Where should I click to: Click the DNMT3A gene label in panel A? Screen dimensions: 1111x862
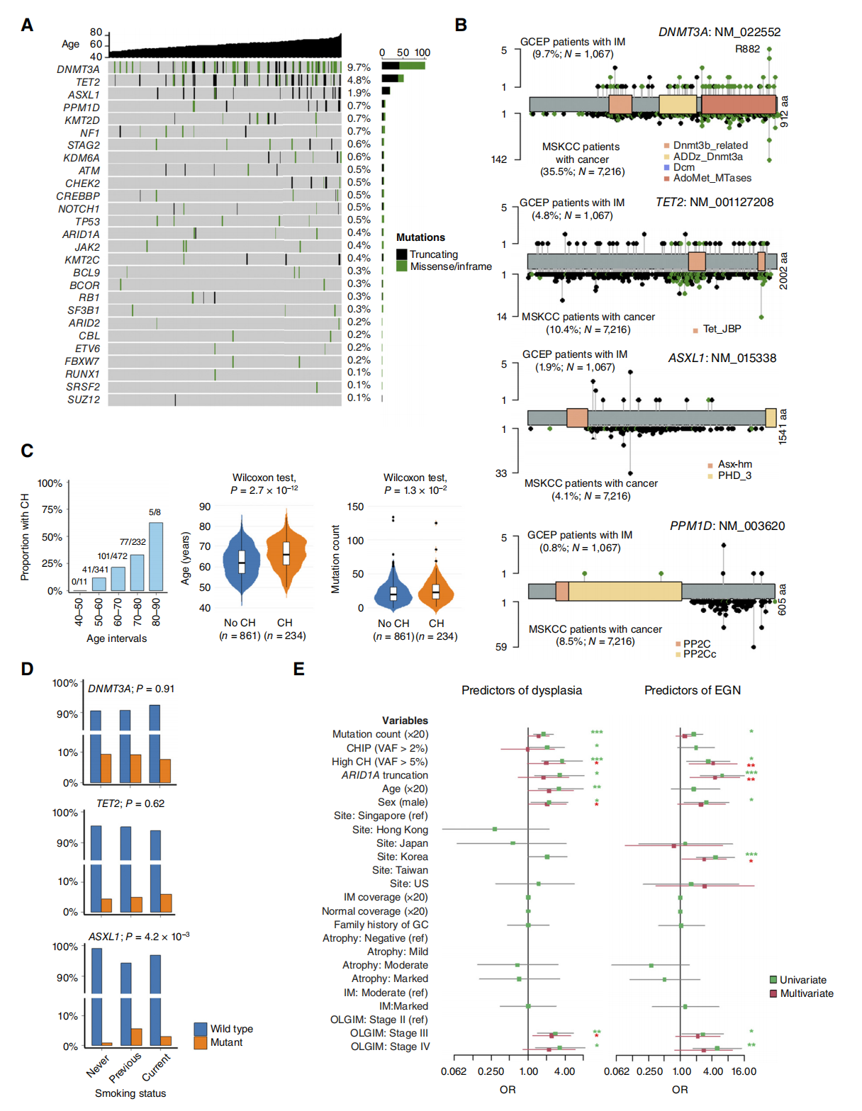[78, 69]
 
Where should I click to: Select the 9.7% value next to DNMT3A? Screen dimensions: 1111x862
[359, 68]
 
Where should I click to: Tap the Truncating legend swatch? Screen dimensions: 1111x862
[402, 254]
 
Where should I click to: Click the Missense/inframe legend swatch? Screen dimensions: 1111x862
[402, 266]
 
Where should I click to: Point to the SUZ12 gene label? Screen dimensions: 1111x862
[84, 400]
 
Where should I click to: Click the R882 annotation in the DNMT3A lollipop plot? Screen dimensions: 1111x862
[747, 49]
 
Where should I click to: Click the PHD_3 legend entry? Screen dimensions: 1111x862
[734, 475]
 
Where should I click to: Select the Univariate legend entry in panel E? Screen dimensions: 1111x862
[802, 980]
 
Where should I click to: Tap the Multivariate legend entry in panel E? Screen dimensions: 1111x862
[806, 993]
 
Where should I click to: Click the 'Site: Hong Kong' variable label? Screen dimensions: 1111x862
[390, 830]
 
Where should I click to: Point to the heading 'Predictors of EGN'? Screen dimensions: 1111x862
[692, 690]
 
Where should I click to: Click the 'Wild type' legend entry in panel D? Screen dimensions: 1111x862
[231, 1029]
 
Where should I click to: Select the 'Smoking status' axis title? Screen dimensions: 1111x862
[130, 1093]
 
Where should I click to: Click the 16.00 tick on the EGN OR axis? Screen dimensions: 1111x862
[744, 1071]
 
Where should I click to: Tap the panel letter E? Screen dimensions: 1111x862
[299, 670]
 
